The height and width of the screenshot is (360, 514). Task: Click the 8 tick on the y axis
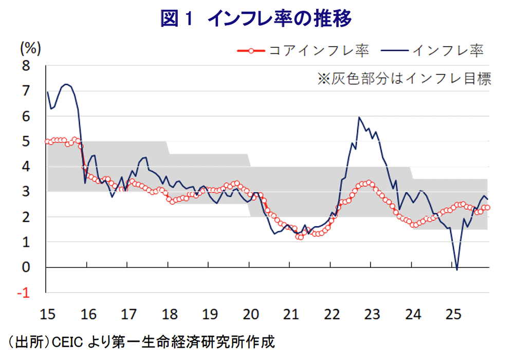pyautogui.click(x=26, y=66)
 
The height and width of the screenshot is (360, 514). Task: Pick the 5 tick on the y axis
pyautogui.click(x=26, y=141)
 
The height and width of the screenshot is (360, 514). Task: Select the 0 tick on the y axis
pyautogui.click(x=26, y=267)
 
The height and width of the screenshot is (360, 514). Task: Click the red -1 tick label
pyautogui.click(x=24, y=293)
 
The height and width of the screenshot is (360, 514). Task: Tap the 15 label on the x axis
pyautogui.click(x=46, y=313)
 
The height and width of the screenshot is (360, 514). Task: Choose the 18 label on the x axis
pyautogui.click(x=168, y=313)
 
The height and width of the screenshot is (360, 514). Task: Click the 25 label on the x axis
pyautogui.click(x=452, y=313)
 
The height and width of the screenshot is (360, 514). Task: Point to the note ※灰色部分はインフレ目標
pyautogui.click(x=404, y=79)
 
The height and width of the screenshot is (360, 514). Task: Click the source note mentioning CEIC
pyautogui.click(x=139, y=341)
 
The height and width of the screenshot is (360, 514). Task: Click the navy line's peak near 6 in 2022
pyautogui.click(x=359, y=117)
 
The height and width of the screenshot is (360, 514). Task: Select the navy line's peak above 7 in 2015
pyautogui.click(x=66, y=84)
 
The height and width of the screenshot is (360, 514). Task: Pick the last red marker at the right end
pyautogui.click(x=487, y=207)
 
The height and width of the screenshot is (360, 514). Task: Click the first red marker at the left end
pyautogui.click(x=48, y=141)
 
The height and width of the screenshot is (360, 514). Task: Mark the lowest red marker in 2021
pyautogui.click(x=300, y=237)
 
